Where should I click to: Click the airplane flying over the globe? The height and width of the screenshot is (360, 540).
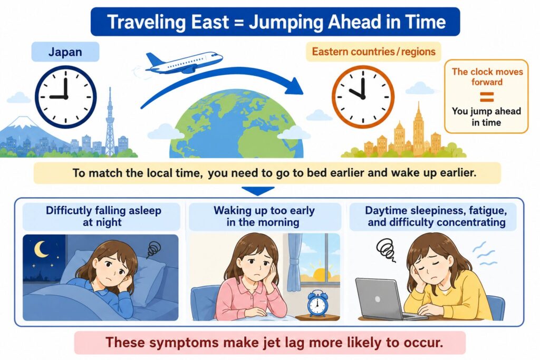184,62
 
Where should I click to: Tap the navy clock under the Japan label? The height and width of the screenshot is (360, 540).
65,97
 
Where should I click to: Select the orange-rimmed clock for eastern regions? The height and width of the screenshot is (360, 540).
363,96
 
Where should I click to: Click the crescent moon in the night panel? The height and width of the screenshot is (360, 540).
41,249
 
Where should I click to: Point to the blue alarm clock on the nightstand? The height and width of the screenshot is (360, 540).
317,304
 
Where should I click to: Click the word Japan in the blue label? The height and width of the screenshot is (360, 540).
65,52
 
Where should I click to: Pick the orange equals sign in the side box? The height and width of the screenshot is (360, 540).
487,96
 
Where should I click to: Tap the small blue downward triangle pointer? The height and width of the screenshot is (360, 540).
258,191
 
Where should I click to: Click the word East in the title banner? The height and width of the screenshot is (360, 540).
210,22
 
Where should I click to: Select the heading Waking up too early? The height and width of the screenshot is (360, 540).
264,210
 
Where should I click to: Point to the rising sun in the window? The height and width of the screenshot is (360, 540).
320,273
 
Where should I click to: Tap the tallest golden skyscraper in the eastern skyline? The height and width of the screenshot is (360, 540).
418,129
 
